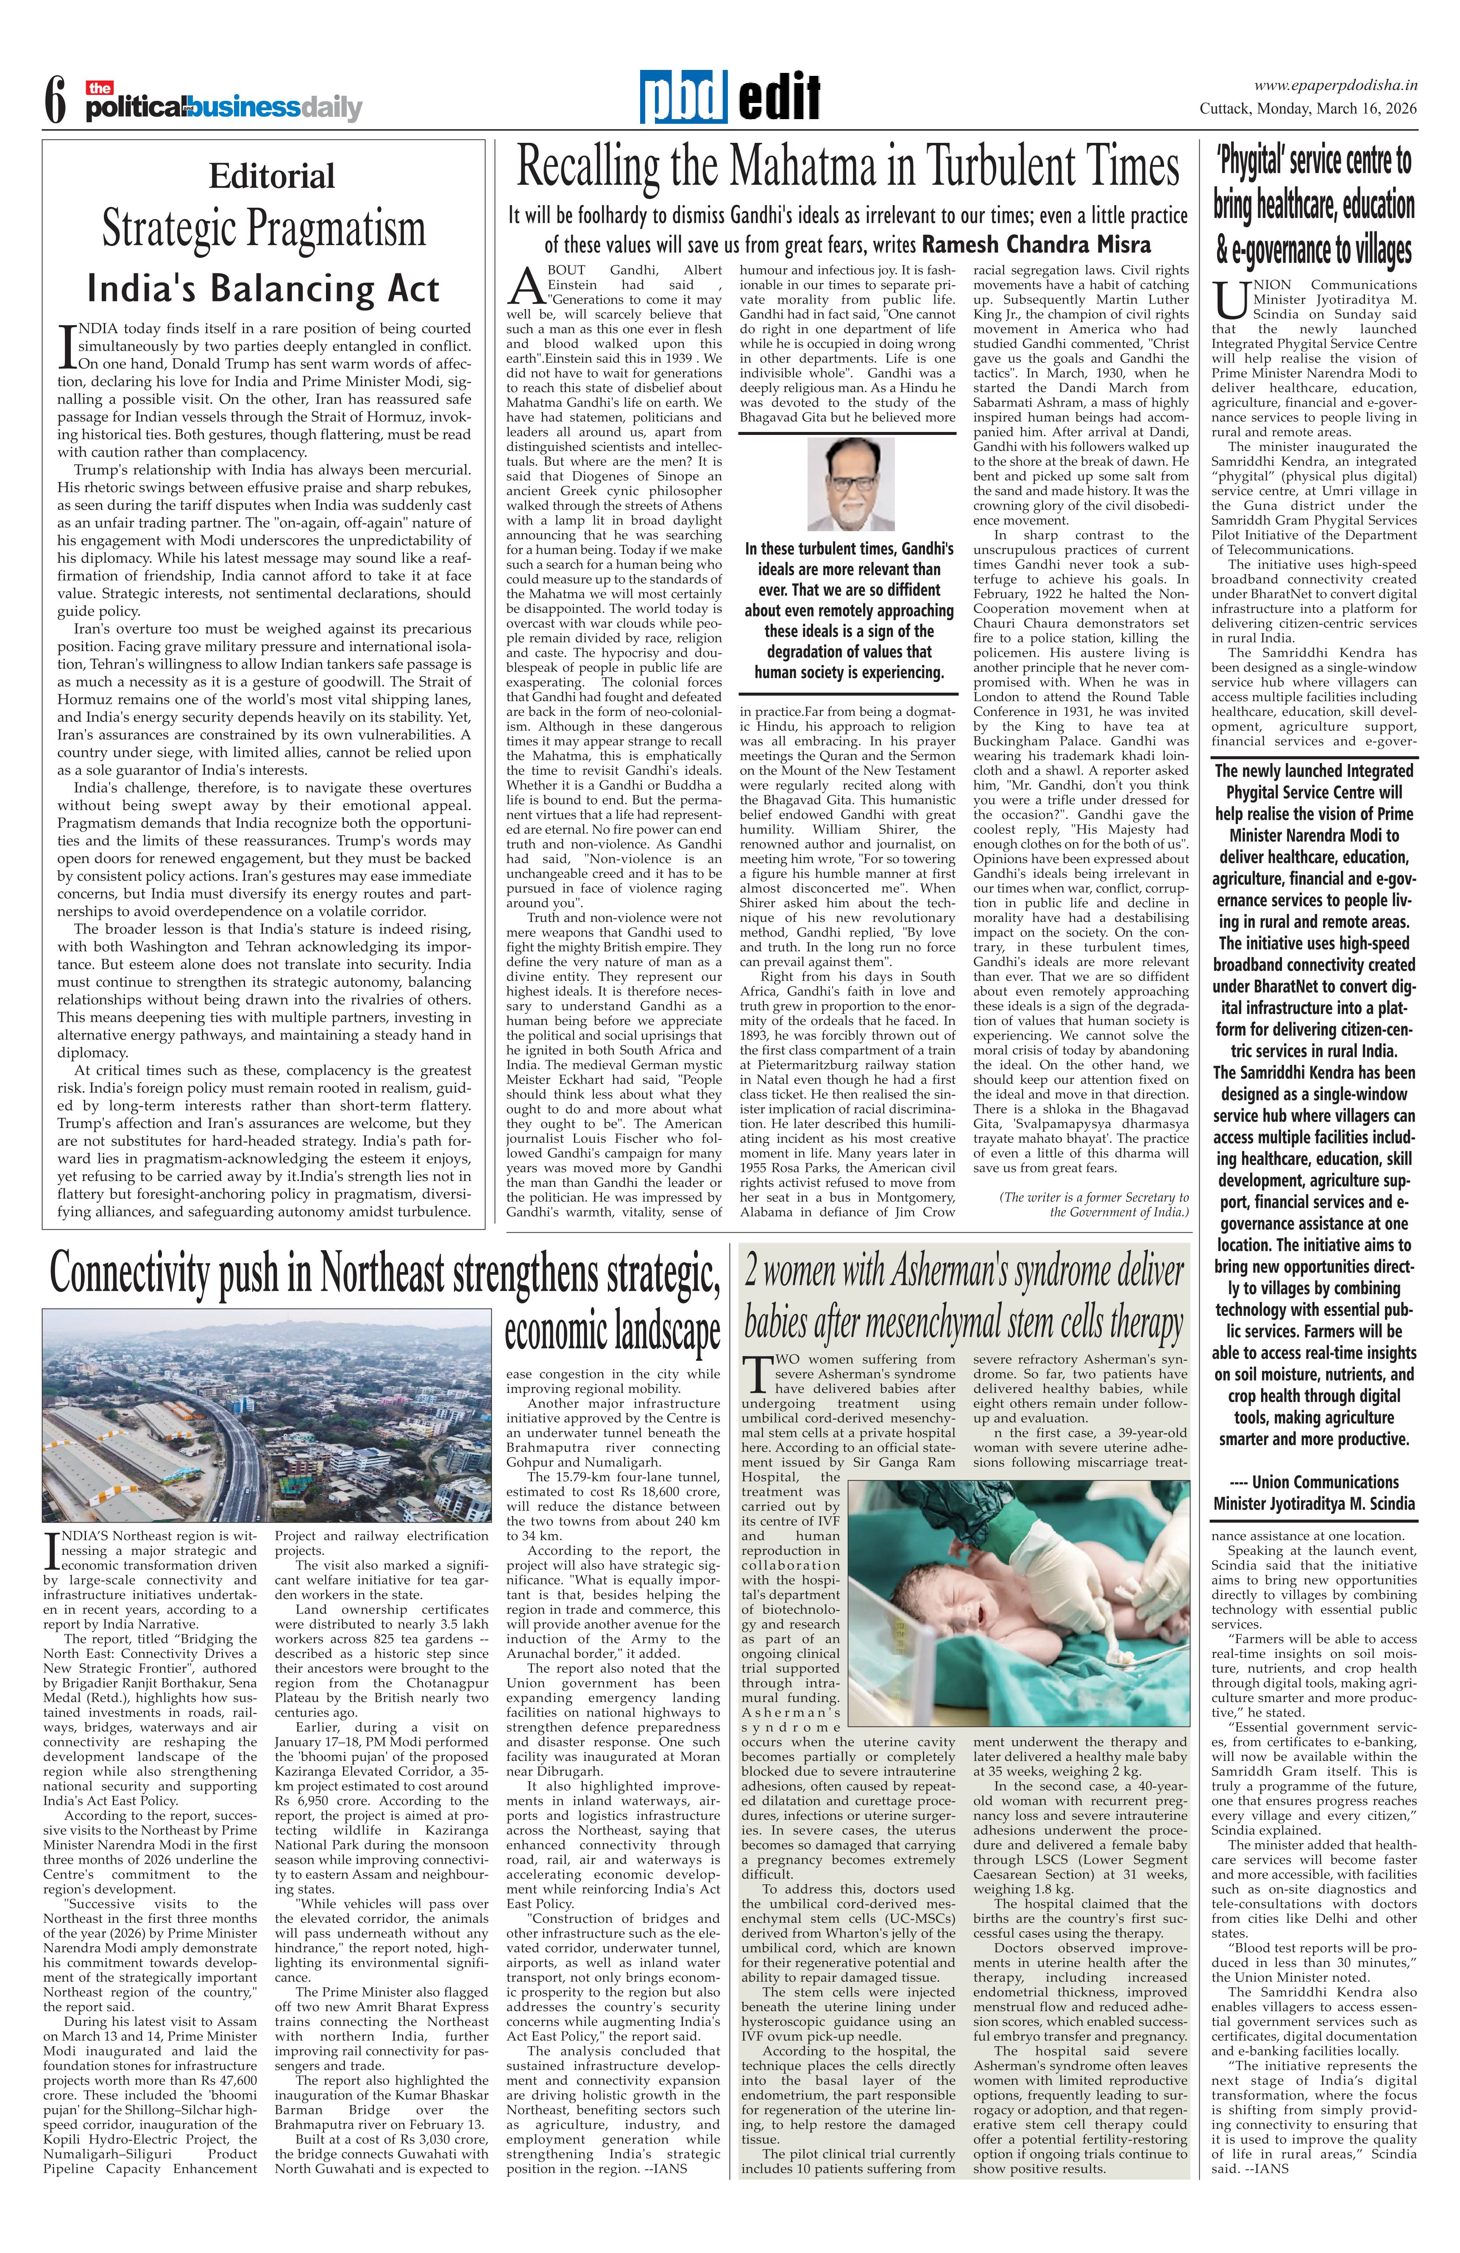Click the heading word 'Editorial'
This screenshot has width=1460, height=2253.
click(272, 176)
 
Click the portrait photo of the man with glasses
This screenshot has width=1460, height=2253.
click(850, 485)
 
